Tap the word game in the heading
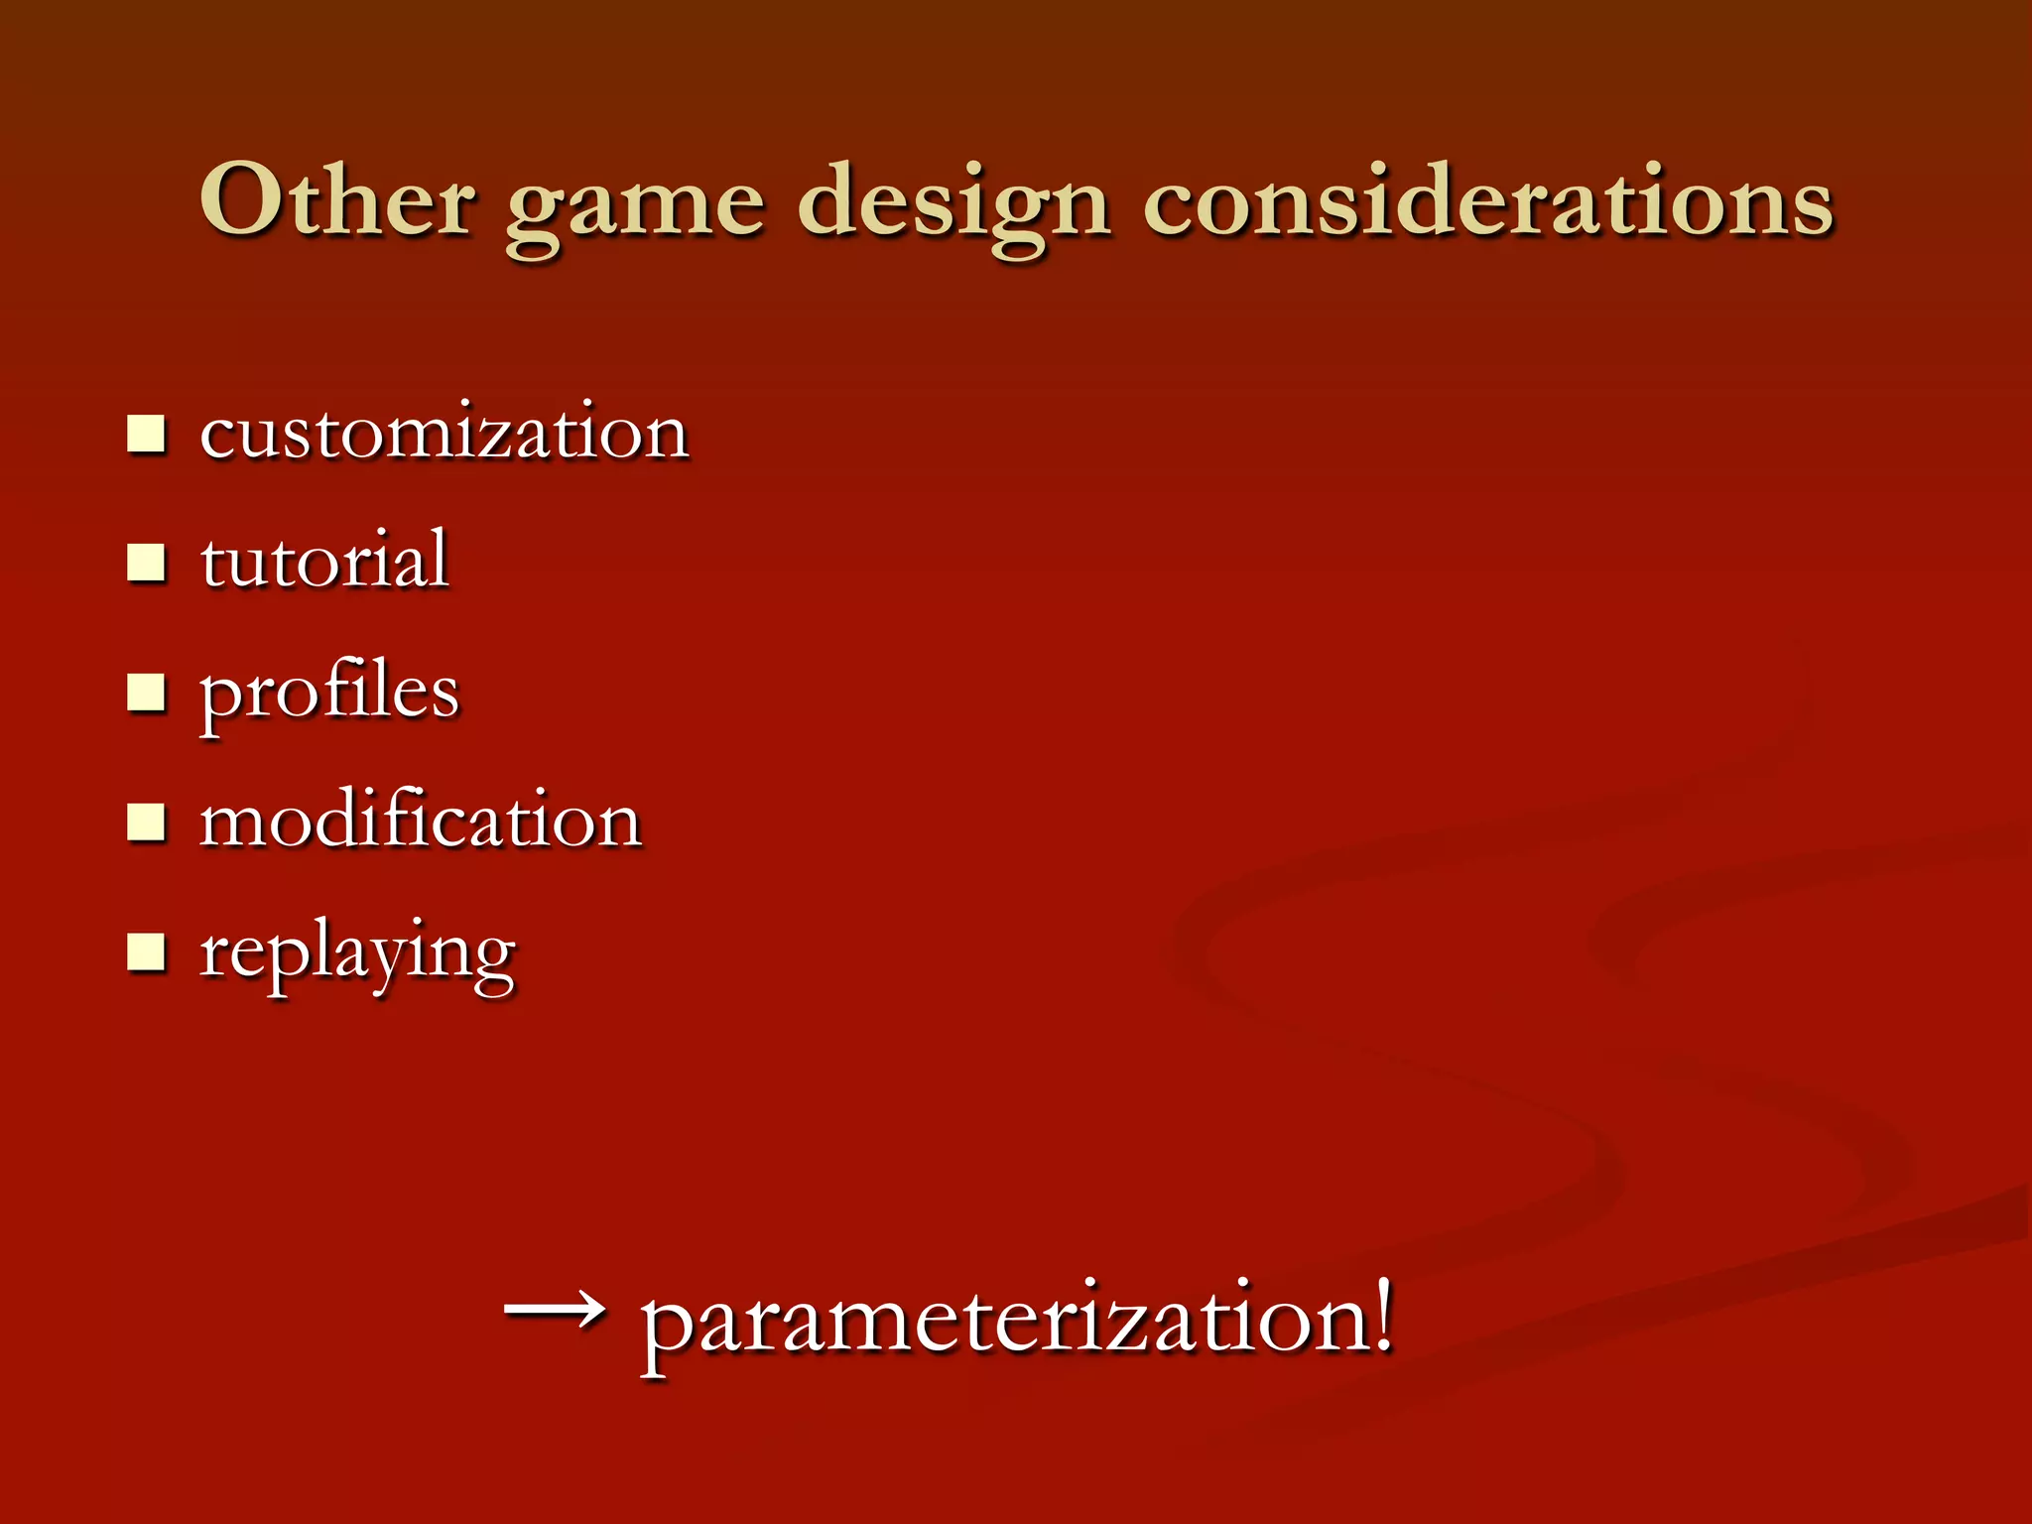[635, 208]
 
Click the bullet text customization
[444, 434]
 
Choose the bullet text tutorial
[324, 561]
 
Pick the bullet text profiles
[329, 693]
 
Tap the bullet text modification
[421, 821]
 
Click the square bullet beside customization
[146, 435]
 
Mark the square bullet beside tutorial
[146, 563]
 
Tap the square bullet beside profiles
[146, 693]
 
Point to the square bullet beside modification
[146, 823]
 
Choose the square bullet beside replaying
[146, 952]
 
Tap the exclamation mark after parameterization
[1382, 1315]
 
